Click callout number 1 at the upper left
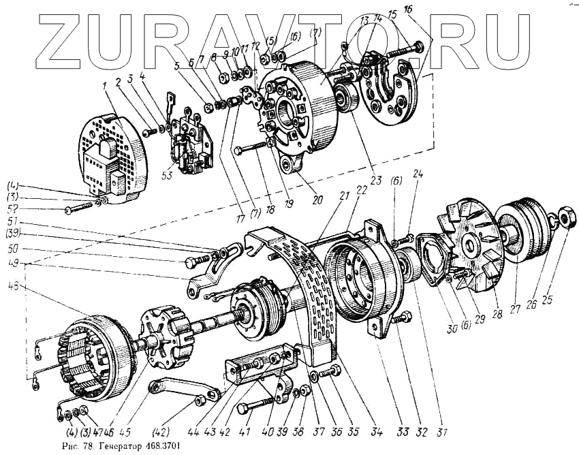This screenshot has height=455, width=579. pyautogui.click(x=105, y=88)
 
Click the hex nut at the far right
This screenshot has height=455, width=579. pyautogui.click(x=567, y=219)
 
